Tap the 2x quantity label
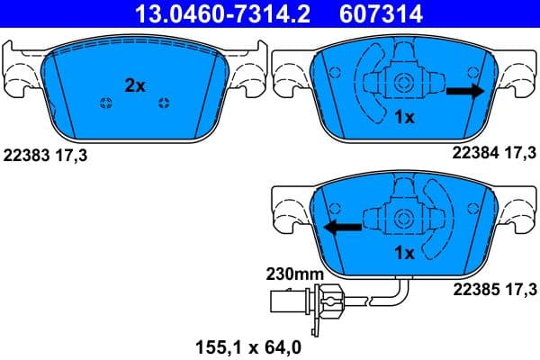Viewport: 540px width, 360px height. [x=134, y=85]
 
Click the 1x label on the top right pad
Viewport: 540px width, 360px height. [x=404, y=118]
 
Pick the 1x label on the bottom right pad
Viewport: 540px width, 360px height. [x=404, y=254]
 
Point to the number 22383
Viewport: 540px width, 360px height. [x=26, y=155]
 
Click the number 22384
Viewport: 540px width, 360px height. [x=466, y=154]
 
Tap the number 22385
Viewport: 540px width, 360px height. [x=466, y=289]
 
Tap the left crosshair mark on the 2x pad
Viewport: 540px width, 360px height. [x=107, y=103]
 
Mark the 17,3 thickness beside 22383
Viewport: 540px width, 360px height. [x=73, y=155]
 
